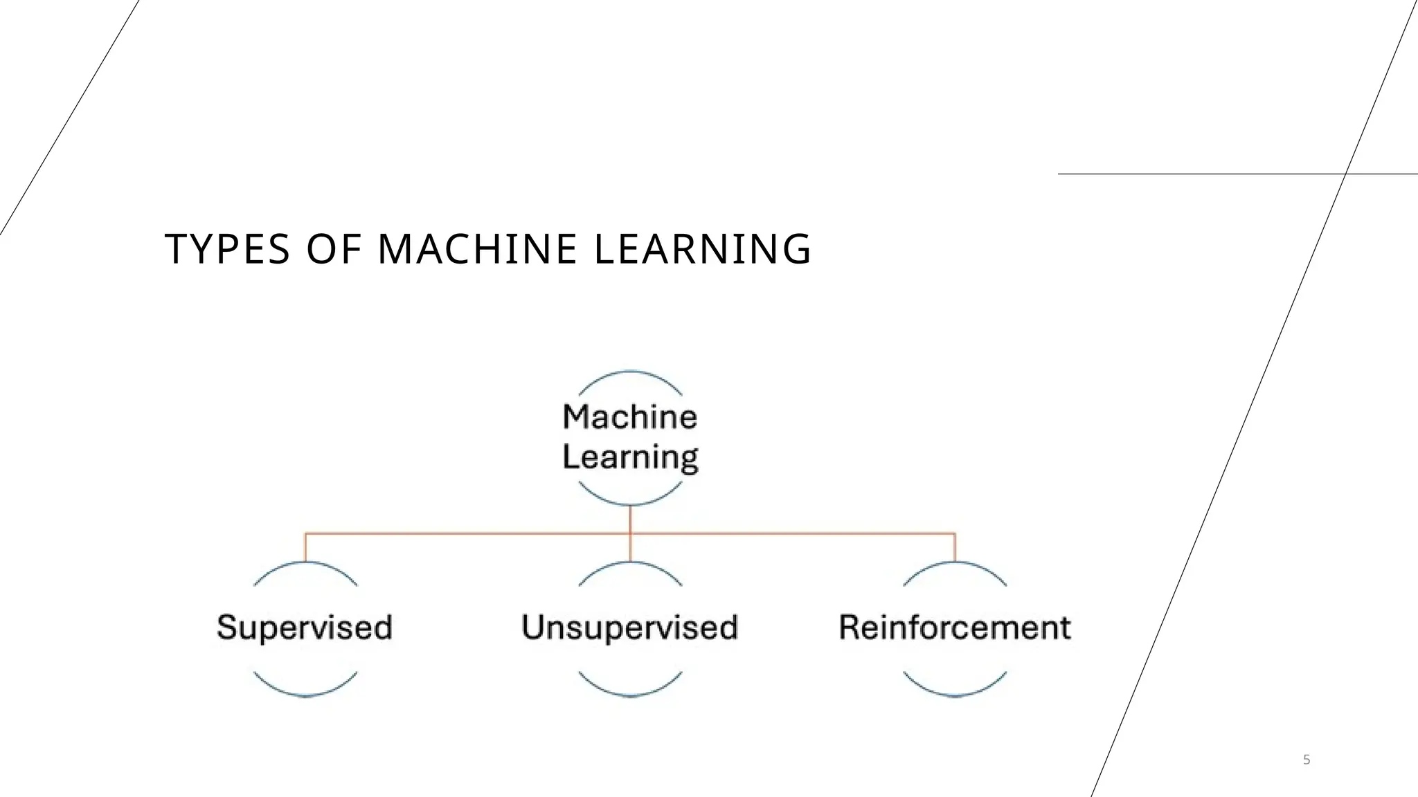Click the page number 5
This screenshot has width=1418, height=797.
pos(1307,760)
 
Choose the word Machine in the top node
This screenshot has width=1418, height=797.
pos(629,416)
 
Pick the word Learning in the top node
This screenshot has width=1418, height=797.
pos(630,457)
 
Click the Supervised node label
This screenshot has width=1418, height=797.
pos(305,627)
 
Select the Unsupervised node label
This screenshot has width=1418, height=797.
pos(629,627)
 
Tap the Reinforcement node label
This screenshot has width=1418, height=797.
pos(955,627)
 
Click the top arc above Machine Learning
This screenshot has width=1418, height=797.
pos(630,373)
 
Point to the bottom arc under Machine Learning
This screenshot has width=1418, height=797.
pos(630,503)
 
